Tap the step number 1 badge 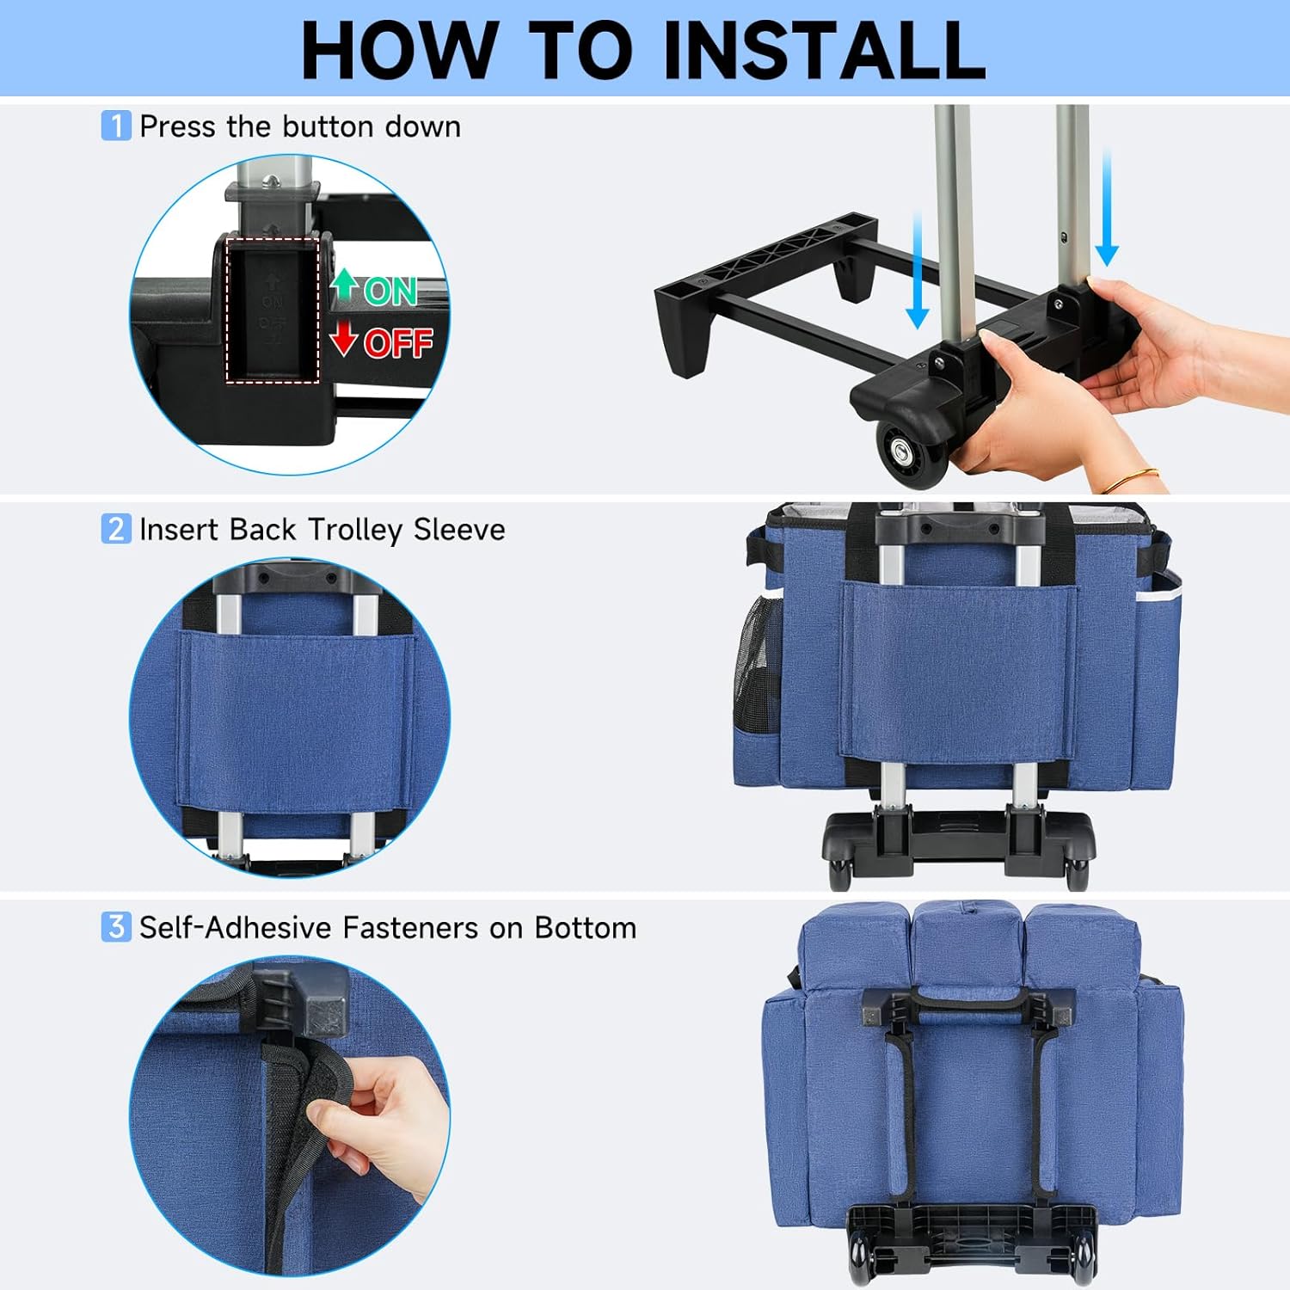pyautogui.click(x=116, y=126)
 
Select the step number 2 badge pyautogui.click(x=116, y=528)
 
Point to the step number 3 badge pyautogui.click(x=116, y=926)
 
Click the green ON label pyautogui.click(x=390, y=292)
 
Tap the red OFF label pyautogui.click(x=398, y=343)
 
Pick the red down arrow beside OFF pyautogui.click(x=344, y=338)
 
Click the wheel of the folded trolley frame pyautogui.click(x=909, y=451)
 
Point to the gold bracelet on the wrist pyautogui.click(x=1140, y=478)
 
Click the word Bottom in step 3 pyautogui.click(x=586, y=927)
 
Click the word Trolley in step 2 pyautogui.click(x=355, y=530)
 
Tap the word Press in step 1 pyautogui.click(x=177, y=126)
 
